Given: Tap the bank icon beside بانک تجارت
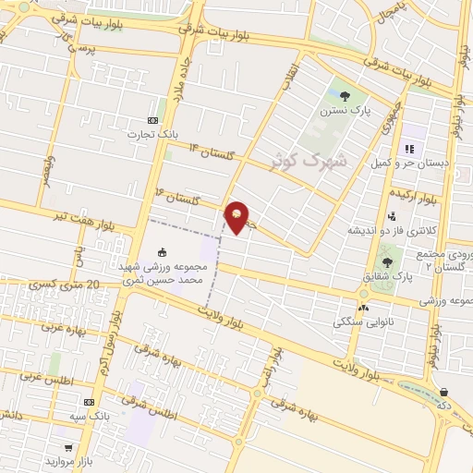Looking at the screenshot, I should click(152, 120).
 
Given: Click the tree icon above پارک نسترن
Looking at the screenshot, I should click(345, 95).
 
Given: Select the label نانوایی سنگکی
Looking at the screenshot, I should click(361, 322).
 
